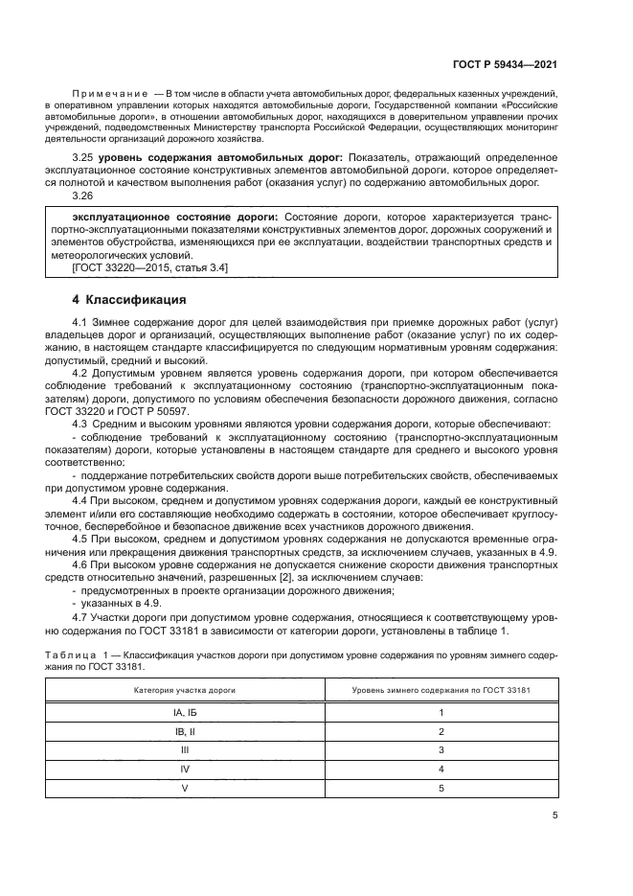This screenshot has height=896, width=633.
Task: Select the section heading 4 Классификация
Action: click(129, 300)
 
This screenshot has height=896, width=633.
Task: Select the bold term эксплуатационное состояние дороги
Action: click(160, 218)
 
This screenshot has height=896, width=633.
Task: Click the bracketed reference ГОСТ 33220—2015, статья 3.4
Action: click(142, 269)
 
